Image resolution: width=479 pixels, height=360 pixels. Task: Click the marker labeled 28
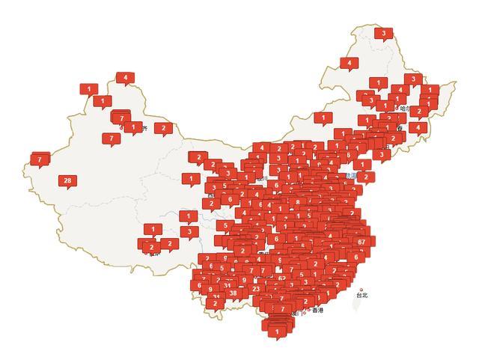point(67,180)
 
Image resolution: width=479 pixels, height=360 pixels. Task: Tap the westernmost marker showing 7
point(39,159)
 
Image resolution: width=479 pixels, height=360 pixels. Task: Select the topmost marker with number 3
point(384,33)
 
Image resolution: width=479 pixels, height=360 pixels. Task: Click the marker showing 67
point(361,242)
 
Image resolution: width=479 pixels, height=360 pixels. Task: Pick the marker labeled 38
point(234,293)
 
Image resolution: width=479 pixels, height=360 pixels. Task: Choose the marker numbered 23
point(257,288)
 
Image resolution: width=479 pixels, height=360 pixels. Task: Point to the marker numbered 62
point(281,278)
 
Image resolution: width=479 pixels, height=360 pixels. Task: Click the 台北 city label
point(362,295)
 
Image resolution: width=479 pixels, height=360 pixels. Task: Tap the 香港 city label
point(318,310)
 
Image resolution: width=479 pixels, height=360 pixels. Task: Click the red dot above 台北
point(362,289)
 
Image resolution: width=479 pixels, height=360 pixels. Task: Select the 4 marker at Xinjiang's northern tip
point(125,77)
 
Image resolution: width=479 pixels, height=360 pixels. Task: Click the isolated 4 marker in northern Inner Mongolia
point(349,64)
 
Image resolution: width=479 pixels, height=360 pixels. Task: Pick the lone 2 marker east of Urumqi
point(163,128)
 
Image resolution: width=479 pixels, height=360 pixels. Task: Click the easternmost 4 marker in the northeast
point(418,127)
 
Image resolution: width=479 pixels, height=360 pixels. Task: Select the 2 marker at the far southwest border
point(216,303)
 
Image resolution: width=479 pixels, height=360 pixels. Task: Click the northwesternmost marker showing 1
point(89,89)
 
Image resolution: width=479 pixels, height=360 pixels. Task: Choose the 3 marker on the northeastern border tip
point(412,79)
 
